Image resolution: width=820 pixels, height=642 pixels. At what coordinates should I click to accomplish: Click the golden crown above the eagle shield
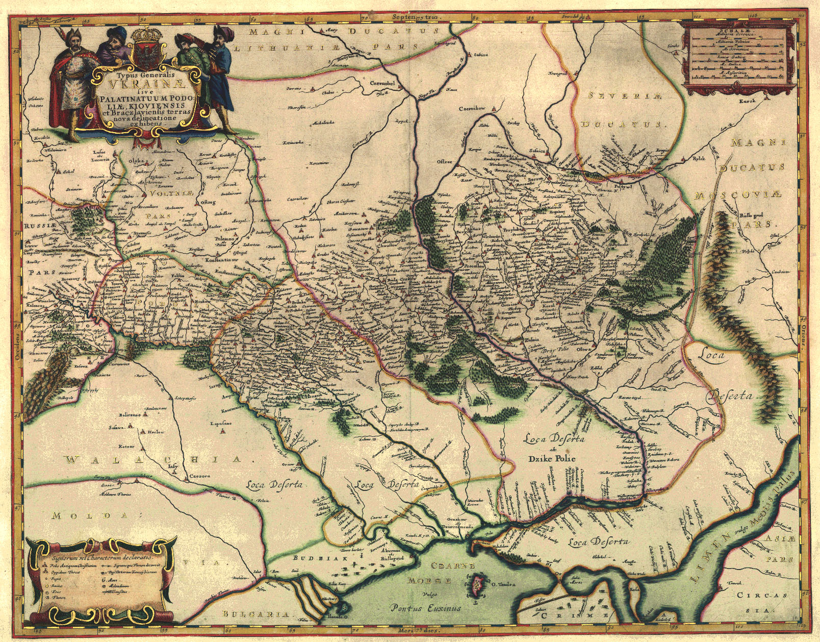coord(146,37)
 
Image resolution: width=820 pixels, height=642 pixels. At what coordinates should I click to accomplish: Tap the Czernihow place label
coord(471,109)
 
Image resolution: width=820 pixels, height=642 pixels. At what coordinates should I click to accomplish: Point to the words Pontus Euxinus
coord(426,607)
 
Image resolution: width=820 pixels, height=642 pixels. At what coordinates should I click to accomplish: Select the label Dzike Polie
coord(551,458)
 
